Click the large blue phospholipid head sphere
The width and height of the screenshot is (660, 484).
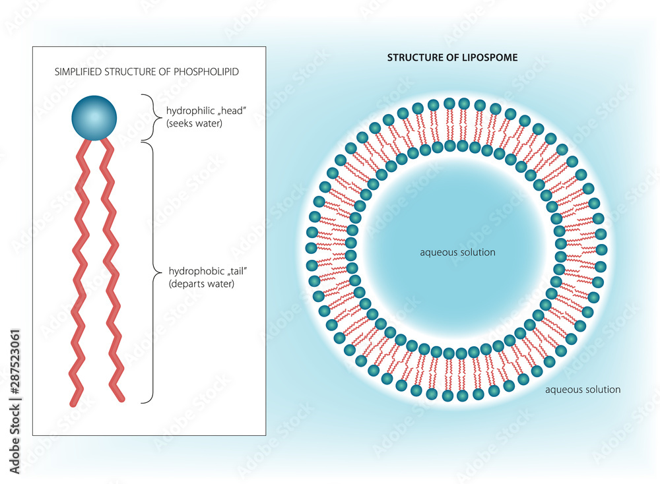(x=94, y=118)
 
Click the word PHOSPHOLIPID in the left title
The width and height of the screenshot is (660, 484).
(x=207, y=71)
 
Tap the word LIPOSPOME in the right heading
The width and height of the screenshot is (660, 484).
(x=489, y=57)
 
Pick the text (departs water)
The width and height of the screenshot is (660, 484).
(x=202, y=284)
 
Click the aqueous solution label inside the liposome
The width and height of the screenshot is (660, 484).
(x=457, y=252)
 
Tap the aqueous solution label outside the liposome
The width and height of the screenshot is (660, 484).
(x=583, y=389)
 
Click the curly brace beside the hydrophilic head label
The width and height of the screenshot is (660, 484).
(x=149, y=117)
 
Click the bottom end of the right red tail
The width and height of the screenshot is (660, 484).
(x=120, y=398)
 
